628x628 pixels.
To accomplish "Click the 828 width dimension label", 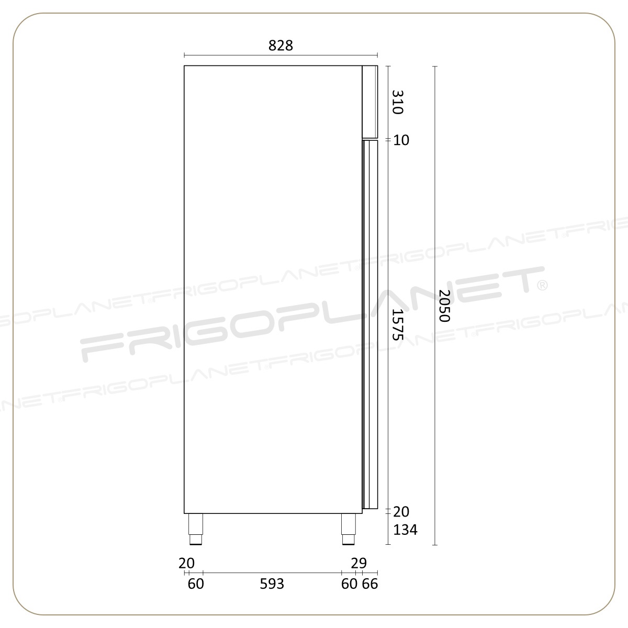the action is pos(281,46).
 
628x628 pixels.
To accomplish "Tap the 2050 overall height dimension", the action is pos(444,306).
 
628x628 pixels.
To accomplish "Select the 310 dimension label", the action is pos(398,102).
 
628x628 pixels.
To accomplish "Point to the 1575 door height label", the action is pos(398,324).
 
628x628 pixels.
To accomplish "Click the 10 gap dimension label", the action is pos(401,140).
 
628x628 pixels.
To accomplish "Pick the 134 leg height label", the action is pos(405,530).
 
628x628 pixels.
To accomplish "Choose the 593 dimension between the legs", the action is pos(272,584).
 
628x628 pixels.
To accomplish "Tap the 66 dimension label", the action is pos(370,584).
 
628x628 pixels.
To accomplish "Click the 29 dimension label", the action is pos(359,563).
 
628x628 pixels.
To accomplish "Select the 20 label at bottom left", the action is pos(186,563).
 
